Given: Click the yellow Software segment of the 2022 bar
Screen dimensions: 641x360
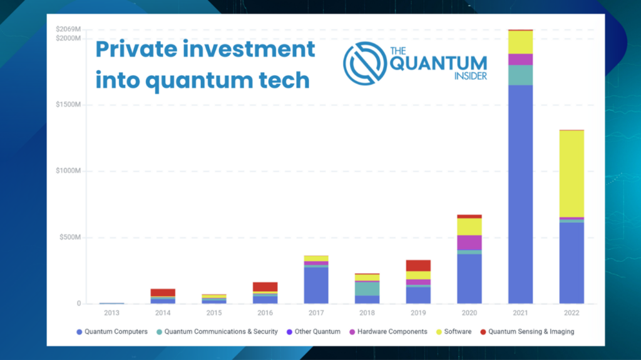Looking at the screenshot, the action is (x=572, y=174).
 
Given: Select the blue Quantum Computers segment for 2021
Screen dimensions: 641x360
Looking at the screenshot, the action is (x=520, y=194).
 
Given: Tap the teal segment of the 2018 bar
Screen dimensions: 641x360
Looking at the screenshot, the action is (x=367, y=289).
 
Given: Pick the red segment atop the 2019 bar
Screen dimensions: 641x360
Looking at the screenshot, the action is (x=418, y=265).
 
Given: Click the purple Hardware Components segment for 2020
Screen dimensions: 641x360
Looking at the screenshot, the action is (x=469, y=242).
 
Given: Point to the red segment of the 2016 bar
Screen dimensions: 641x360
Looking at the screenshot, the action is (x=265, y=287).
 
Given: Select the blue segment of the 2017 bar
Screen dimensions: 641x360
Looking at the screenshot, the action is (x=316, y=285).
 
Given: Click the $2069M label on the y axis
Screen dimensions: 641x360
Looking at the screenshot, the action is (x=68, y=29).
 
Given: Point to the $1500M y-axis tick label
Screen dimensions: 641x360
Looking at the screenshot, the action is (x=68, y=105).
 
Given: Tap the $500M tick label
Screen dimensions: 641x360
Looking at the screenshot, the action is (x=70, y=237).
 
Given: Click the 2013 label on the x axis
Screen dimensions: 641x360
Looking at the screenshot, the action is (x=111, y=313).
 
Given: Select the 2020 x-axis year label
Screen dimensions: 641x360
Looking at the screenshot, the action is (x=469, y=313).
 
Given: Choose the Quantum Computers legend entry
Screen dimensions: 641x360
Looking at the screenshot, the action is (x=112, y=332).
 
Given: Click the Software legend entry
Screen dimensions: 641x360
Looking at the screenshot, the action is (x=454, y=332).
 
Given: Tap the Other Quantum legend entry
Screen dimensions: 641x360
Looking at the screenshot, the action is (x=314, y=332).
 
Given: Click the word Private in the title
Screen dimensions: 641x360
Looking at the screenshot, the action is (x=136, y=49).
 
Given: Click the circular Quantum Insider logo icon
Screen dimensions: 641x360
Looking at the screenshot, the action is (x=365, y=63).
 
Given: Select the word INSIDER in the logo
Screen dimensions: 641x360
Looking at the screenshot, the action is (x=471, y=76).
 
